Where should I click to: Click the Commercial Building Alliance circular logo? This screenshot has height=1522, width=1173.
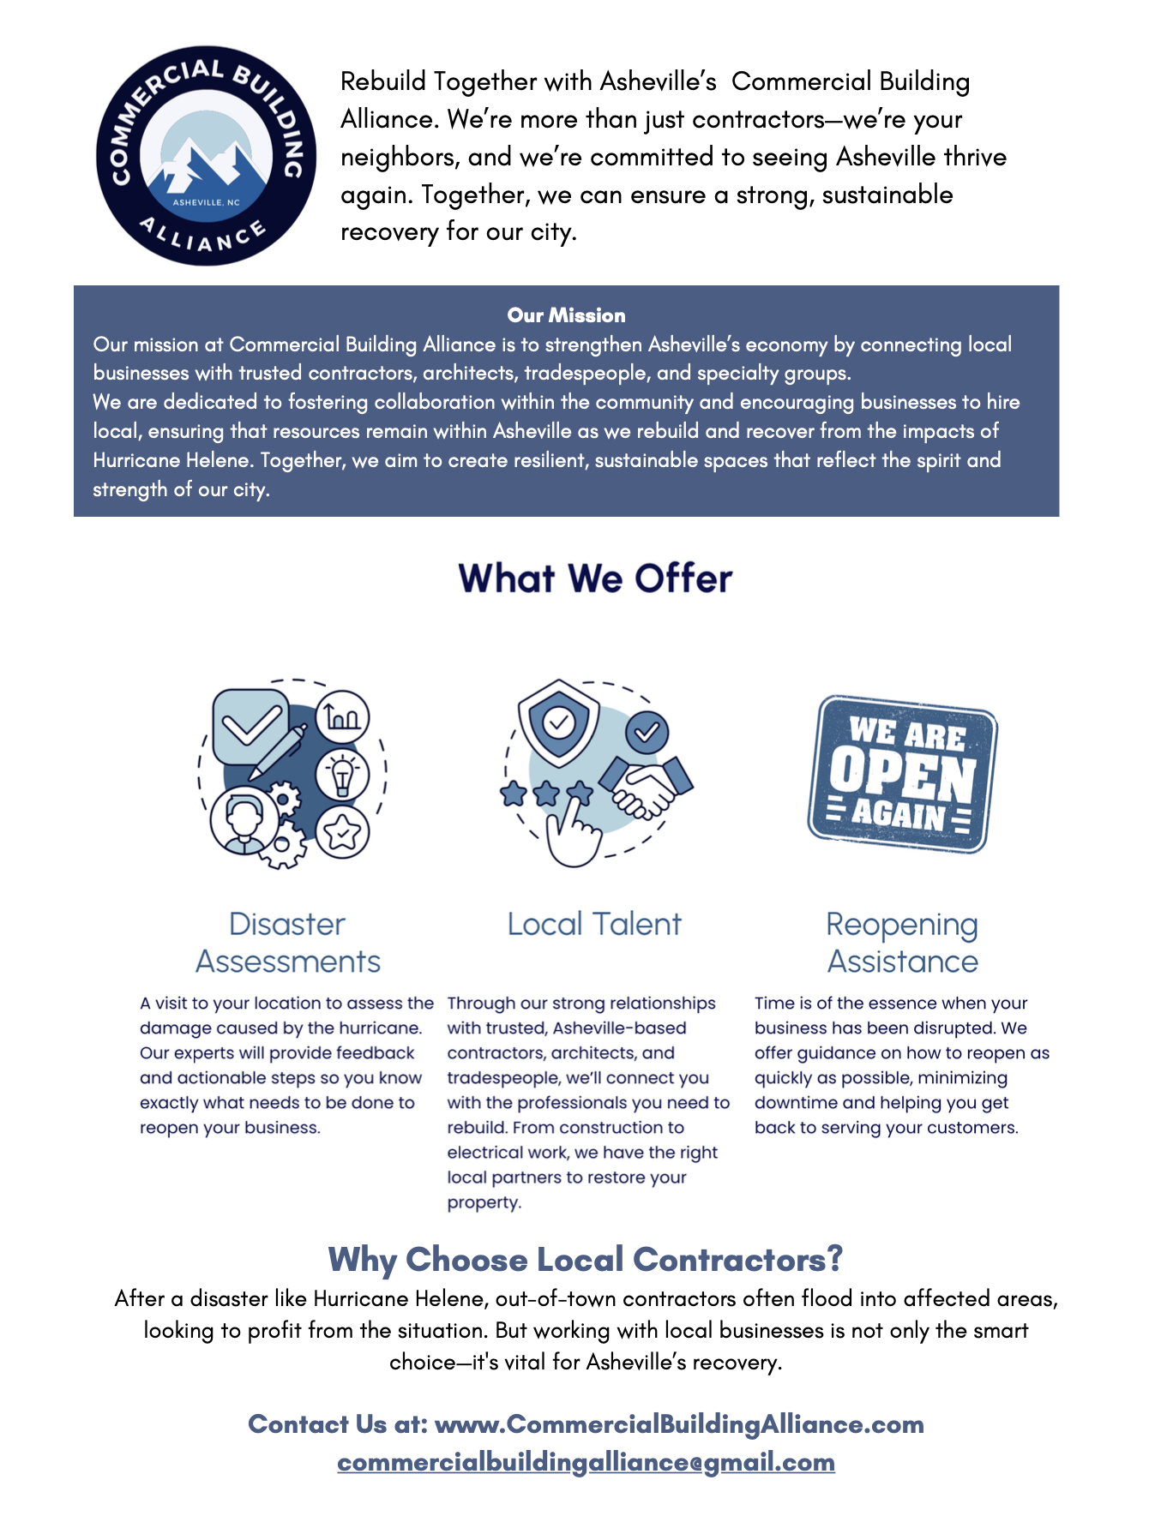pyautogui.click(x=206, y=156)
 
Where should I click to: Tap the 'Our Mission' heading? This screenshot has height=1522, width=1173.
pyautogui.click(x=566, y=315)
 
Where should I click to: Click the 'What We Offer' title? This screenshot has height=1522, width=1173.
pyautogui.click(x=595, y=578)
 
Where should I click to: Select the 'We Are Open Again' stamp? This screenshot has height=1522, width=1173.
pyautogui.click(x=902, y=774)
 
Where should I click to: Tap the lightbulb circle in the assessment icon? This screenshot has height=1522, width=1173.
pyautogui.click(x=343, y=774)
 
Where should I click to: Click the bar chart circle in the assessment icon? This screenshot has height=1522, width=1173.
pyautogui.click(x=343, y=716)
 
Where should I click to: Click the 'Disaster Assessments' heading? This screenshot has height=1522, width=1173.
pyautogui.click(x=288, y=943)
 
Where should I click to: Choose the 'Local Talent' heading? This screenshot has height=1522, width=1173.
pyautogui.click(x=594, y=925)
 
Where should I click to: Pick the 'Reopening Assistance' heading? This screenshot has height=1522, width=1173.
pyautogui.click(x=902, y=943)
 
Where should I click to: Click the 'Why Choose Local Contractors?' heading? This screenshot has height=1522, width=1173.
pyautogui.click(x=586, y=1260)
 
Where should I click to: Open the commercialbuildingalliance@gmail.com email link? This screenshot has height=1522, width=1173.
pyautogui.click(x=586, y=1462)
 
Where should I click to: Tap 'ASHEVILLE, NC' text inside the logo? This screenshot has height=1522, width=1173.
pyautogui.click(x=207, y=203)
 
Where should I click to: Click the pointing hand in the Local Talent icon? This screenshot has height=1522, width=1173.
pyautogui.click(x=571, y=831)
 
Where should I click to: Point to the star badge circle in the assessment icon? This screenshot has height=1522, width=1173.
pyautogui.click(x=343, y=831)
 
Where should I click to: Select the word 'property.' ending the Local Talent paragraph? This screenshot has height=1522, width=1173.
pyautogui.click(x=484, y=1202)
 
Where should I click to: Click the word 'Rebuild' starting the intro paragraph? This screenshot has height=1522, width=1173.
pyautogui.click(x=383, y=81)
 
